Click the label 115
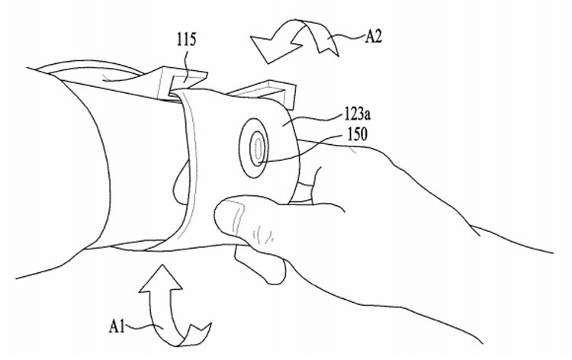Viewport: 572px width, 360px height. (x=186, y=40)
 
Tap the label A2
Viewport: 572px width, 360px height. (x=373, y=37)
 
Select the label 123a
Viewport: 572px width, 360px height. (x=357, y=115)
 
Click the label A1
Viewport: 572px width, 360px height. (x=117, y=326)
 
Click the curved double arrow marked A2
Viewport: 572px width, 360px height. (x=295, y=40)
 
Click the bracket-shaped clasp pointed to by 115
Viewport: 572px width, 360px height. (x=182, y=82)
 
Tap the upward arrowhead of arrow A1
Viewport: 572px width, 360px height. (x=160, y=279)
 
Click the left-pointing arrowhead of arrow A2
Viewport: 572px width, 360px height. (x=272, y=47)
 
